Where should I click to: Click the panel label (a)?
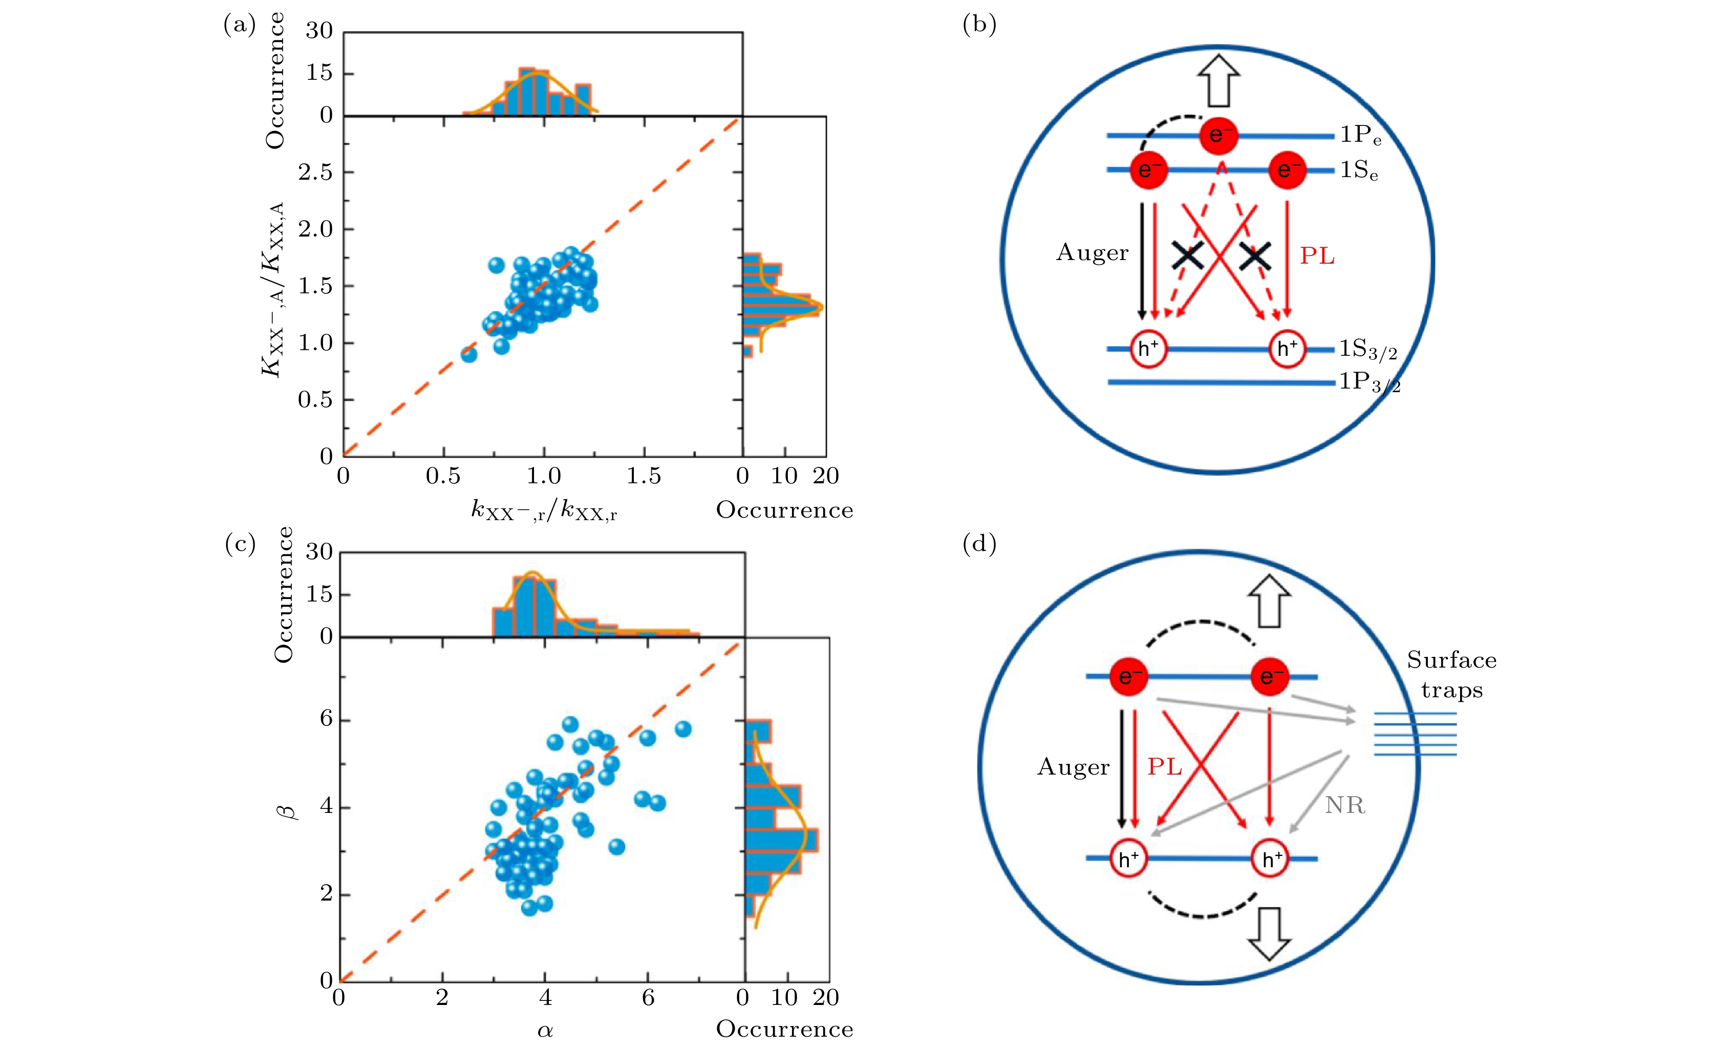pos(239,25)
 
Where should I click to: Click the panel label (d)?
pos(979,544)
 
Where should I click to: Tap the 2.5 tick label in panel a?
pos(316,172)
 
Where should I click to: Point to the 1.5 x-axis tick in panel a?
pos(644,476)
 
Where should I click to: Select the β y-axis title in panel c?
pos(287,811)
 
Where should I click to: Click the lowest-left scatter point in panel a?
pos(469,355)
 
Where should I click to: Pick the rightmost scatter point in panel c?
pos(683,729)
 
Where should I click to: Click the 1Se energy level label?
pos(1359,170)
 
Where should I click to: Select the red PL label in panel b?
pos(1317,256)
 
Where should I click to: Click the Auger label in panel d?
pos(1074,767)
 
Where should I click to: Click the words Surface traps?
pos(1451,675)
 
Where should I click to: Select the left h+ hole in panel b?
pos(1148,349)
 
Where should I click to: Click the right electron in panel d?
pos(1270,676)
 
